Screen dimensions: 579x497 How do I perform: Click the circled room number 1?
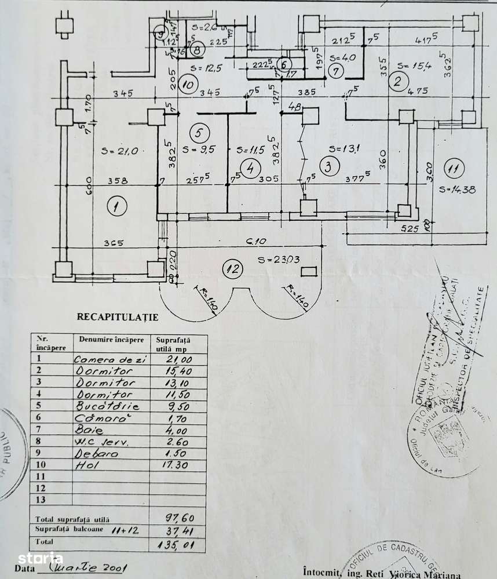coord(117,206)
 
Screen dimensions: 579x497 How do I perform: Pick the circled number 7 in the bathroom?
coord(336,71)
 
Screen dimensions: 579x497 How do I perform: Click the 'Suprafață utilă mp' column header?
coord(172,343)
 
